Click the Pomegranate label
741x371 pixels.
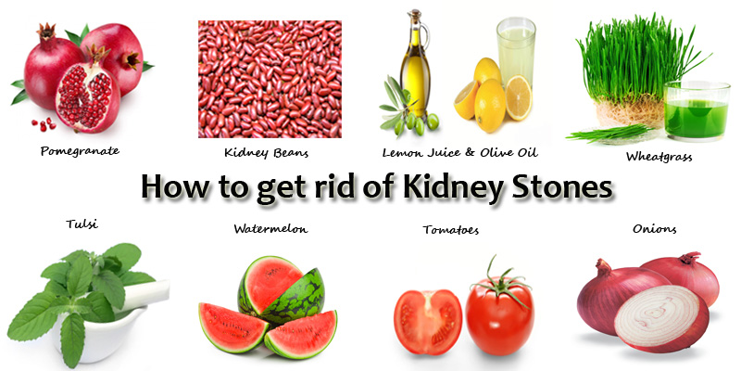pos(80,151)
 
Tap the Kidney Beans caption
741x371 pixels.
pos(266,153)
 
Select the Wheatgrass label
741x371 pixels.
pos(659,157)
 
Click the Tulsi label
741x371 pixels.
pos(82,224)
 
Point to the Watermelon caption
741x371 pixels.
pos(270,229)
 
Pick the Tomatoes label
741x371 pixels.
pos(450,230)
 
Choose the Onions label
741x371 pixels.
pos(655,229)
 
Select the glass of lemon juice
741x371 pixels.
pos(516,52)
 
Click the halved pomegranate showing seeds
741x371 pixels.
pos(88,97)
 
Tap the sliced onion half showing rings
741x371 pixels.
pos(661,317)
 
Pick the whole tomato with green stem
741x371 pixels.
pos(499,312)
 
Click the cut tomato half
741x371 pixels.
pos(428,321)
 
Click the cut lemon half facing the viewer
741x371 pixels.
pos(519,97)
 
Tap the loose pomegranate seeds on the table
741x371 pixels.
pos(44,125)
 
